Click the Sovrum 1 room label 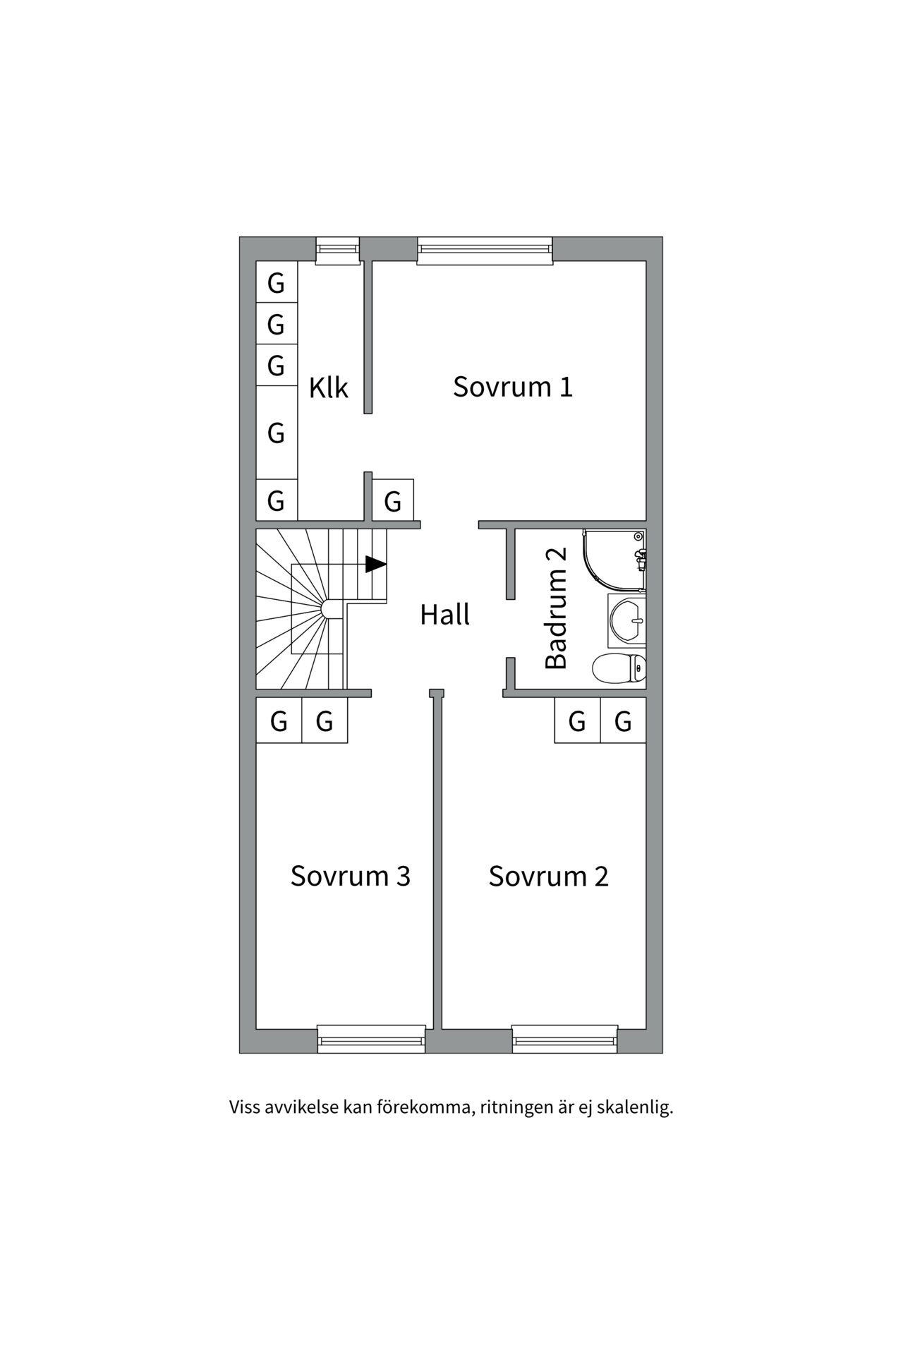pos(512,387)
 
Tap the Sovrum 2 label pos(548,876)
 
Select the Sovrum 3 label pos(350,876)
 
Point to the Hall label pos(444,615)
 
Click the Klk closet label pos(329,387)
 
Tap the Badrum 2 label pos(557,608)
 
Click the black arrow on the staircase pos(375,564)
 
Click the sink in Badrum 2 pos(627,621)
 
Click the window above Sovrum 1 pos(485,251)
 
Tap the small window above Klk pos(337,251)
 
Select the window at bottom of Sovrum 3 pos(371,1039)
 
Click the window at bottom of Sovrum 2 pos(564,1039)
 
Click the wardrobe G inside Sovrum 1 pos(393,500)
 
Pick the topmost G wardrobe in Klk pos(276,282)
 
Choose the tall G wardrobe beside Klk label pos(276,432)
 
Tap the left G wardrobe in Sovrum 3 pos(279,721)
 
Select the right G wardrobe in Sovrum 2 pos(623,721)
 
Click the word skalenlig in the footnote pos(634,1107)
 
